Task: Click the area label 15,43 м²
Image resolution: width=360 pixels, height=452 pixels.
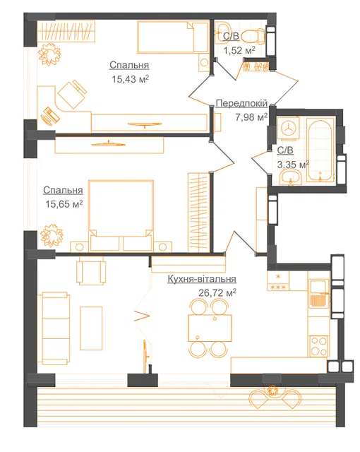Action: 130,78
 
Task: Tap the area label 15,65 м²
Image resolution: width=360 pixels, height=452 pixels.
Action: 64,204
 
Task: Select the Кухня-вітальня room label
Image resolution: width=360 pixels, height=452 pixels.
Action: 202,279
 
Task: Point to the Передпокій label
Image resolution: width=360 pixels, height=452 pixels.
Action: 241,103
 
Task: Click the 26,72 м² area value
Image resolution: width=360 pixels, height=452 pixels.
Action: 217,293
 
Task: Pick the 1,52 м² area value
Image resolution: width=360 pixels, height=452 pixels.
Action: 239,50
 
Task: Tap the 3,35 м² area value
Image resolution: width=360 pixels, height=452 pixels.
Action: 293,165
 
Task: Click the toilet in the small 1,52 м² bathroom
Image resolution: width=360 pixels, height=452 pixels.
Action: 253,36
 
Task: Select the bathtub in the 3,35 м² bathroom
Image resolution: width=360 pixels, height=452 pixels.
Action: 320,149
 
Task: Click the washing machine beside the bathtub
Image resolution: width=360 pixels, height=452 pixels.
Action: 288,128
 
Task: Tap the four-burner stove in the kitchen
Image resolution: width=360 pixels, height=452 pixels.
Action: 319,346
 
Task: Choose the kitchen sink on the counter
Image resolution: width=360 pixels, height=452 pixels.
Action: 319,294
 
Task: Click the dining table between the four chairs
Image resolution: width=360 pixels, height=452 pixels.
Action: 210,328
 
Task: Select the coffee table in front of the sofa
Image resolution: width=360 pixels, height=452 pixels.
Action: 91,328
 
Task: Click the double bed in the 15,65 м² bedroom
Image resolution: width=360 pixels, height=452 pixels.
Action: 121,215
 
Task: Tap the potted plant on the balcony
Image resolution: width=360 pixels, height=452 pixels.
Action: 271,391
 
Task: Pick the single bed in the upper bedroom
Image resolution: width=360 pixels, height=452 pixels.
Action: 173,37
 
